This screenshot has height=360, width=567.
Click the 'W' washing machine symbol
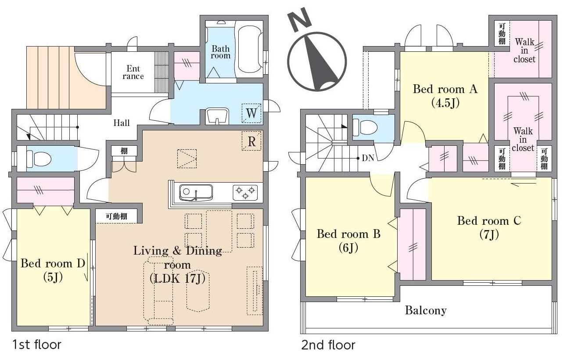(x=251, y=113)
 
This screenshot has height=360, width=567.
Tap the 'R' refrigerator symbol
(x=251, y=141)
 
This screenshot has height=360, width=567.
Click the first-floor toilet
(x=39, y=159)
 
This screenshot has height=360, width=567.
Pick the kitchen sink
(x=196, y=192)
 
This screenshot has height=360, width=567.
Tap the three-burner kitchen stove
(x=245, y=192)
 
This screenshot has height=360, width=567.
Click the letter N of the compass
(x=299, y=20)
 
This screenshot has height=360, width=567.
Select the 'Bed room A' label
(x=445, y=89)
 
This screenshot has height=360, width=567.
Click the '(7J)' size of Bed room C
(x=489, y=234)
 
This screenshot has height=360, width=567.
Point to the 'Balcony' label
(x=426, y=310)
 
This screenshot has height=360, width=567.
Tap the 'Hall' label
(x=122, y=123)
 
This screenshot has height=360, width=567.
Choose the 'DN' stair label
(x=368, y=158)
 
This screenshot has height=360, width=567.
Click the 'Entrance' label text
(x=133, y=72)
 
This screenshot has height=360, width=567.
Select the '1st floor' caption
(x=37, y=345)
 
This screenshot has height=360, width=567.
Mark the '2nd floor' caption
(x=328, y=345)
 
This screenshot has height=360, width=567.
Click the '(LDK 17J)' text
(x=177, y=279)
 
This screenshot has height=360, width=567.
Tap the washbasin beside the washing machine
(x=217, y=116)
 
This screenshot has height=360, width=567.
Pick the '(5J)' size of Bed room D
(x=53, y=277)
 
